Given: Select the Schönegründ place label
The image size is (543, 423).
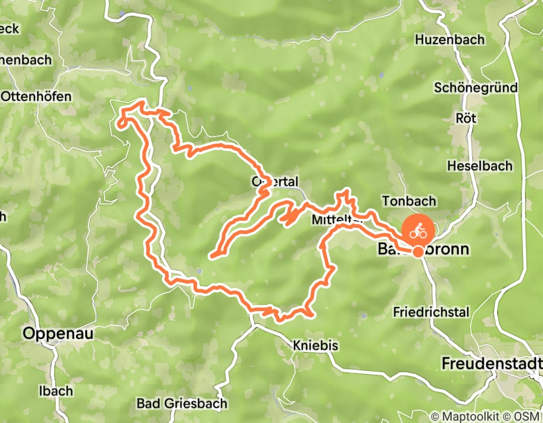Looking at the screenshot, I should [x=475, y=88].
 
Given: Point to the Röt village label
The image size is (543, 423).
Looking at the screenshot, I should [x=467, y=118].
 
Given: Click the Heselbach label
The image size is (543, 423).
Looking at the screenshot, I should [x=480, y=166].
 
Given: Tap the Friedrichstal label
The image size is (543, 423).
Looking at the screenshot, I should [x=431, y=312].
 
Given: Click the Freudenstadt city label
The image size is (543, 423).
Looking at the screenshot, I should [x=491, y=364].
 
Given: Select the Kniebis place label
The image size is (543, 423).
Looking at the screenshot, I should [x=315, y=346].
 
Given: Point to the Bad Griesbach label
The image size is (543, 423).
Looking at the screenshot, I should [x=182, y=403].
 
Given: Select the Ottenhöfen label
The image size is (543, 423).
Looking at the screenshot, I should [x=36, y=96].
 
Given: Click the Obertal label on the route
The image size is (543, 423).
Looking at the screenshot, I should [x=275, y=182].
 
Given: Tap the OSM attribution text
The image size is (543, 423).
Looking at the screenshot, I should [x=528, y=416].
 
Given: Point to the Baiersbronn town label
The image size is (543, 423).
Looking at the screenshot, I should [x=423, y=249].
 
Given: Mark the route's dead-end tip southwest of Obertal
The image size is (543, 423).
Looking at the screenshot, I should [x=211, y=256].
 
